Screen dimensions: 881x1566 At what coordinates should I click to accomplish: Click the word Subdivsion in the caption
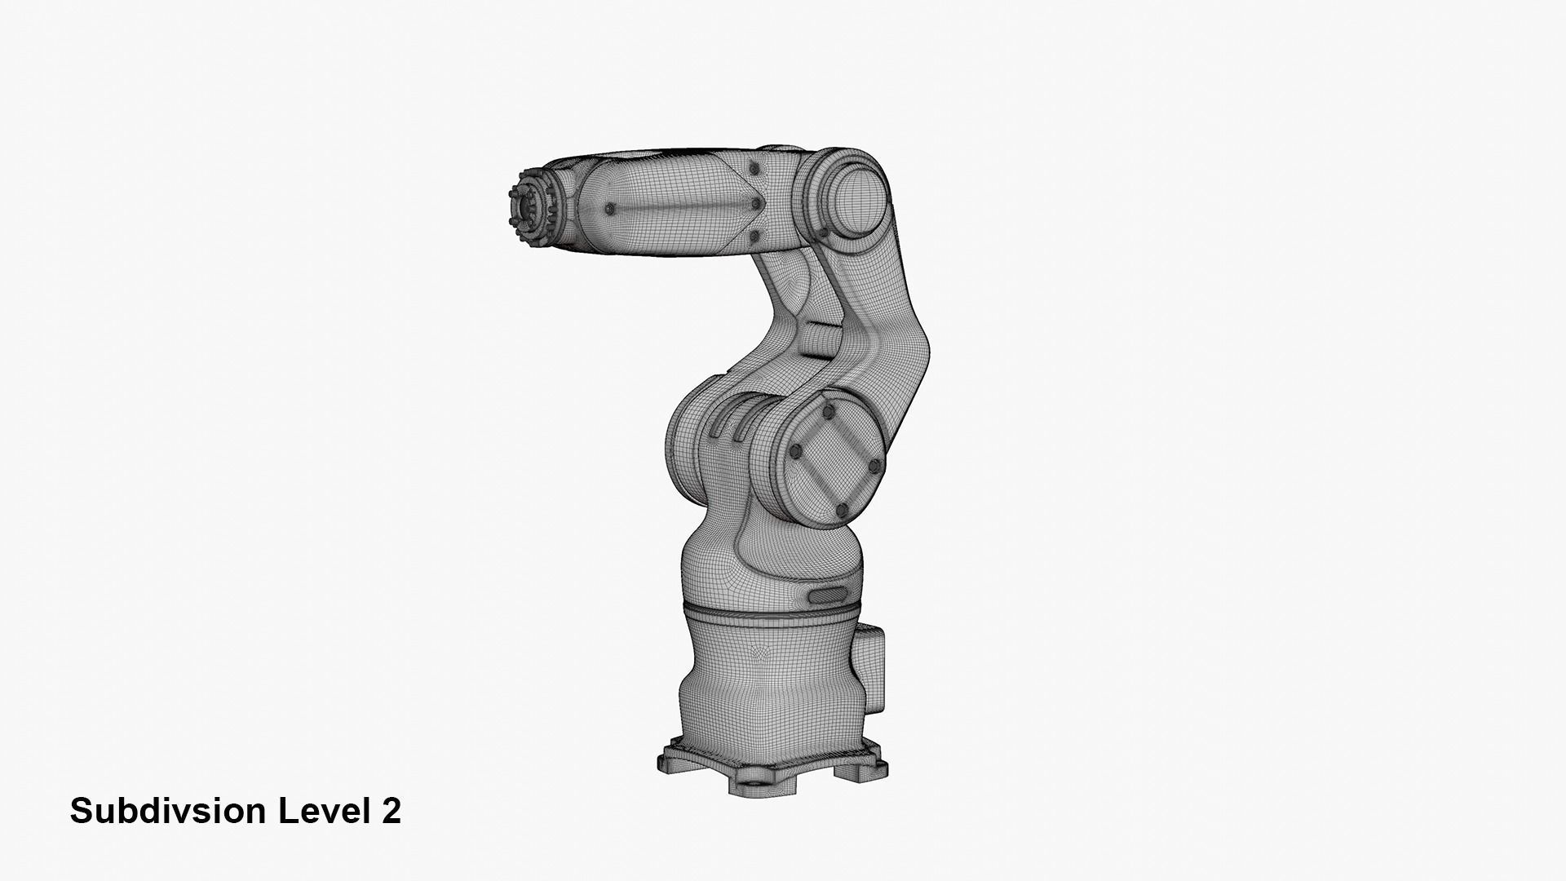point(168,811)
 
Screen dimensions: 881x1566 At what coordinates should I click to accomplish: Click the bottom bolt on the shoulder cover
point(840,510)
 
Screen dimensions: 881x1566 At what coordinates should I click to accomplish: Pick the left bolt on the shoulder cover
point(794,454)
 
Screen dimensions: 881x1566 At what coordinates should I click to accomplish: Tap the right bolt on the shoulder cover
point(874,467)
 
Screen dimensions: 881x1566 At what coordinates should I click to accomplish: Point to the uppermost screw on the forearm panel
point(754,168)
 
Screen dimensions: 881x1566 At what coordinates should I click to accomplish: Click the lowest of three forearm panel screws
point(754,237)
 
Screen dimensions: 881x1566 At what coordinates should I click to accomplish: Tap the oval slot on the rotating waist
point(827,595)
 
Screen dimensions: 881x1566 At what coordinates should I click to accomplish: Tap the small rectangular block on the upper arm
point(817,339)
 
